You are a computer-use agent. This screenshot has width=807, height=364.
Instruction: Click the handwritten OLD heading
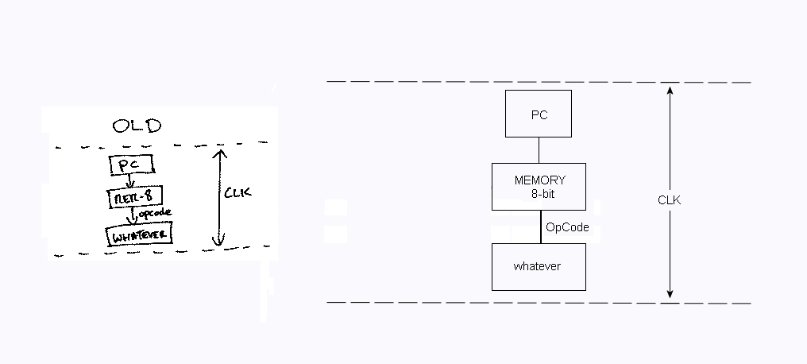pos(137,126)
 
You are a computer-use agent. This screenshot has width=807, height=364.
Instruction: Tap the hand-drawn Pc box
pos(129,165)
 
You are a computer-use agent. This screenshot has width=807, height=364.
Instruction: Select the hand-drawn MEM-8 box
pos(129,196)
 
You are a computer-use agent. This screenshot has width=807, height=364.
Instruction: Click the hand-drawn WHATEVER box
pos(140,236)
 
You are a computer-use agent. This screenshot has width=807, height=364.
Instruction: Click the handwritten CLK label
pos(237,193)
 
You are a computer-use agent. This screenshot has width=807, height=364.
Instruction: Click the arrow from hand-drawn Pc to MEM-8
pos(127,181)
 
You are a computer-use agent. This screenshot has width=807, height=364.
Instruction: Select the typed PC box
pos(539,115)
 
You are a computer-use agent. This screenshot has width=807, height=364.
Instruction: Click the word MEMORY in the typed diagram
pos(539,180)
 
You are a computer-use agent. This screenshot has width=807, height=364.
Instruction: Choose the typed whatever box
pos(538,266)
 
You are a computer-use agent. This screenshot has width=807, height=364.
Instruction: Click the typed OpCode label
pos(567,227)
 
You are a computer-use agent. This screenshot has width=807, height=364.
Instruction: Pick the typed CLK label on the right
pos(669,200)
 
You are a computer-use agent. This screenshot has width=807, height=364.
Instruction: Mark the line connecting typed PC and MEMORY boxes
pos(539,150)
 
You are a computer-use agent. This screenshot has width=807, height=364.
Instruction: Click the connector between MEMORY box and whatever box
pos(541,227)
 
